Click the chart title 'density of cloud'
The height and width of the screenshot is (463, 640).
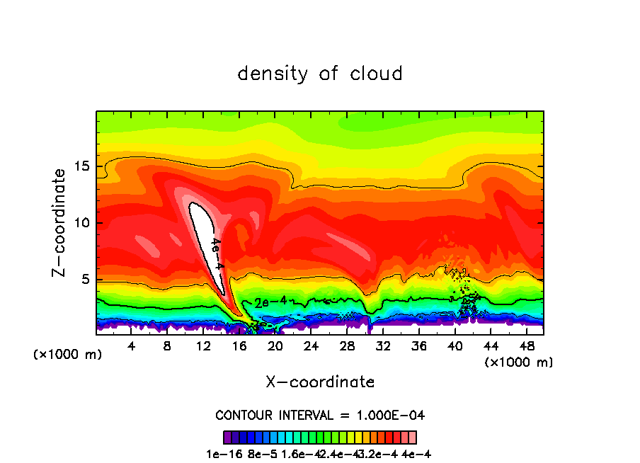click(320, 74)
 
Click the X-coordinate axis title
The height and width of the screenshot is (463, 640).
click(320, 382)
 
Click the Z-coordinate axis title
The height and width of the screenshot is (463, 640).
click(61, 222)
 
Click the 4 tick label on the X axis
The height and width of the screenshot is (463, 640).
click(132, 346)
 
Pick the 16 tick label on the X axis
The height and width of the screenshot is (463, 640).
click(239, 346)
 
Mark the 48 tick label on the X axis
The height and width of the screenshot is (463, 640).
click(526, 346)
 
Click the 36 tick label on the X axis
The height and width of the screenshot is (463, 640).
click(418, 346)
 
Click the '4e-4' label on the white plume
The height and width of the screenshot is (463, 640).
click(217, 253)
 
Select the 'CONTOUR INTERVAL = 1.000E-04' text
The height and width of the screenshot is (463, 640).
click(320, 415)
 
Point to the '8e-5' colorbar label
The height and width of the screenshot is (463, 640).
click(261, 454)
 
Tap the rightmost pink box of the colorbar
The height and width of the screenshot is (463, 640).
click(412, 437)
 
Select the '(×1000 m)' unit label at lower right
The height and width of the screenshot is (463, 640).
click(519, 362)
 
